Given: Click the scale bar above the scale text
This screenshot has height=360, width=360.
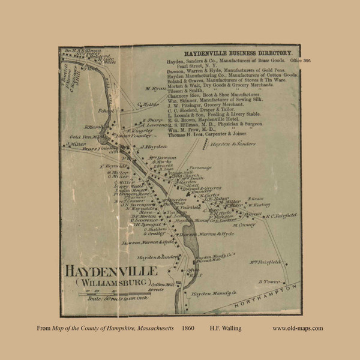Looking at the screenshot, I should pyautogui.click(x=96, y=294).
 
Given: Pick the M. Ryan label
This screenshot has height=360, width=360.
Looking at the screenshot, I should pyautogui.click(x=155, y=89).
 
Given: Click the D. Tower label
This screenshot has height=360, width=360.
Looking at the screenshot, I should pyautogui.click(x=270, y=281).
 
